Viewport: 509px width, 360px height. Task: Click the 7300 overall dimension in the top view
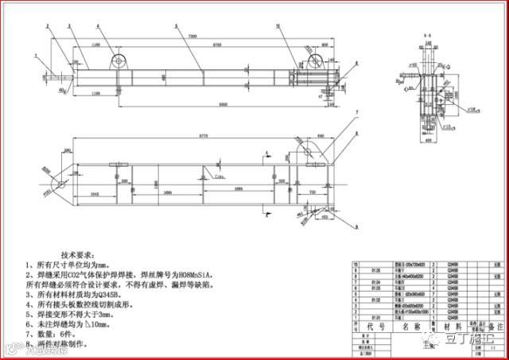192,37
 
